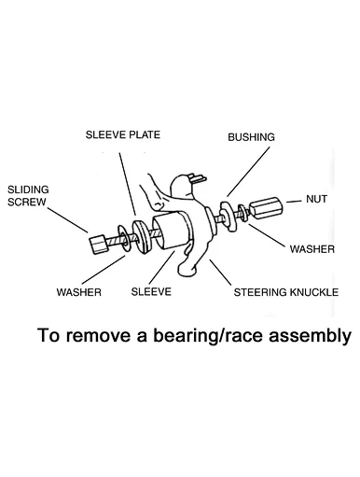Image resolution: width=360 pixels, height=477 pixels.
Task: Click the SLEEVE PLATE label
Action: pos(123,134)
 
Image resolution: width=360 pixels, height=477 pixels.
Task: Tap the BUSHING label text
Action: pos(251,137)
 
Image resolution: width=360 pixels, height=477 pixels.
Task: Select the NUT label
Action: pos(316,199)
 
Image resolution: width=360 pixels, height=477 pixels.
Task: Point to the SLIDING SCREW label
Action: pos(28,196)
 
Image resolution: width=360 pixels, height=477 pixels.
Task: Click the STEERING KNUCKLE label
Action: pos(286,292)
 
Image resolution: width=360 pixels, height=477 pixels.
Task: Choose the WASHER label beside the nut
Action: pos(312,249)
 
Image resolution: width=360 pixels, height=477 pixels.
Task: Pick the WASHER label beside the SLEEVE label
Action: pos(79,292)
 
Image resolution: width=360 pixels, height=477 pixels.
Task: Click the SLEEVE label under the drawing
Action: pos(151,292)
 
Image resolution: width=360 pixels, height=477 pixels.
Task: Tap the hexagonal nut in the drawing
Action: pos(267,208)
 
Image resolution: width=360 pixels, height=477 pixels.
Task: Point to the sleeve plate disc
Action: pos(142,237)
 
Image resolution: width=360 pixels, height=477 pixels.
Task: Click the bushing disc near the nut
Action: pos(228,216)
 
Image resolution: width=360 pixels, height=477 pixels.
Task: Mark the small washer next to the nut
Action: pos(242,213)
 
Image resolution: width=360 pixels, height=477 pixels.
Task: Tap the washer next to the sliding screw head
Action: pos(123,238)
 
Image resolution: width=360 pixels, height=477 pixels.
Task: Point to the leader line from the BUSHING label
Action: pos(248,172)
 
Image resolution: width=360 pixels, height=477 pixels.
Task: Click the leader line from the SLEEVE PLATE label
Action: pos(128,184)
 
